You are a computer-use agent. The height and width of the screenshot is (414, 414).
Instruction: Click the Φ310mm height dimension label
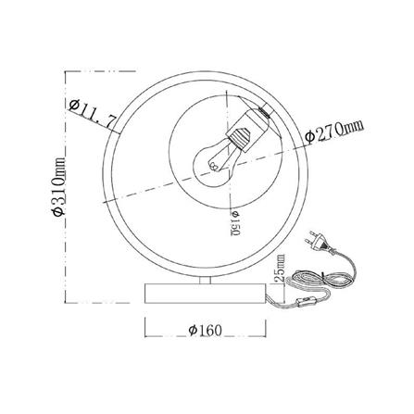[58, 186]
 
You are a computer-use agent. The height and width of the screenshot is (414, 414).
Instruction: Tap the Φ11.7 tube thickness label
[94, 114]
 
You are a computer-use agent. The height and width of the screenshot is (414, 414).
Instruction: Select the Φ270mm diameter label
[334, 132]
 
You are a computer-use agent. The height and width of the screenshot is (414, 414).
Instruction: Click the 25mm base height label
[280, 268]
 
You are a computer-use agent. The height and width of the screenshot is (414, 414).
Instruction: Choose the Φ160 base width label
[205, 331]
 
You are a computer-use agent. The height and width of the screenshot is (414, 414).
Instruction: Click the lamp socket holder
[247, 129]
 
